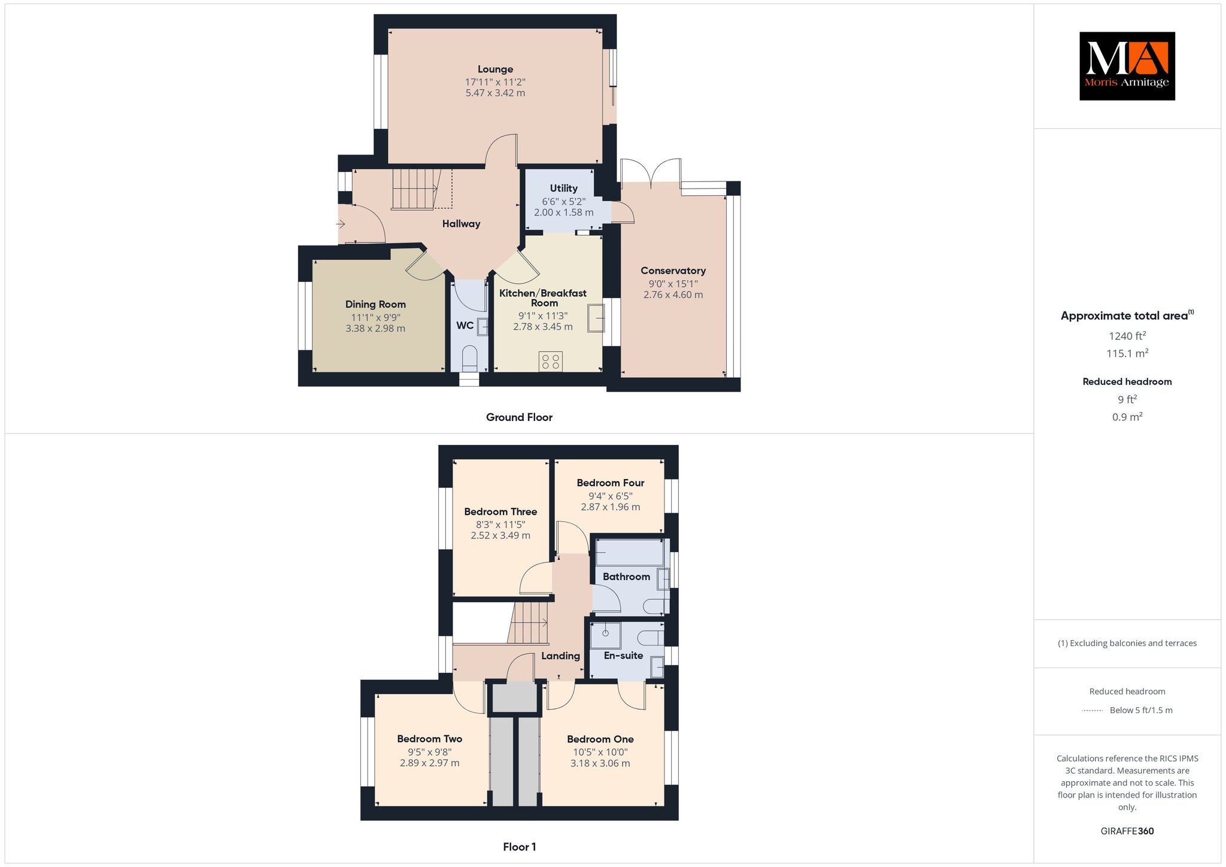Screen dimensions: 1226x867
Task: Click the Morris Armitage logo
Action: pos(1127,66)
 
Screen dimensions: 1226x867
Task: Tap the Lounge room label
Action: pos(495,69)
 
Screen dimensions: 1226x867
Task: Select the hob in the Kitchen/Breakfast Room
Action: pos(550,361)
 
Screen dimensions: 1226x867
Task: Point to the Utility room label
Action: pos(564,188)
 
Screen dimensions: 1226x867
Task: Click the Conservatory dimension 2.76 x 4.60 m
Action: pos(673,295)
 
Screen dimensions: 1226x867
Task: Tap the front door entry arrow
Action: pos(341,224)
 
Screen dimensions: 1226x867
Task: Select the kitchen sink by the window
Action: pos(596,317)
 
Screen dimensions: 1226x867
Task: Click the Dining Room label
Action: pos(375,304)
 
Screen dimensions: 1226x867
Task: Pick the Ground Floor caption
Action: pos(519,417)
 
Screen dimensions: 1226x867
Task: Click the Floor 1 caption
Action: pos(520,847)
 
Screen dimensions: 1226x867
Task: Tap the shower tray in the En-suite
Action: pos(605,635)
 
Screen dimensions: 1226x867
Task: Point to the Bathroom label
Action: pos(626,577)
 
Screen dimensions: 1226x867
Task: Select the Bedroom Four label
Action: pos(611,483)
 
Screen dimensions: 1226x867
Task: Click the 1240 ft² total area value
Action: pos(1127,336)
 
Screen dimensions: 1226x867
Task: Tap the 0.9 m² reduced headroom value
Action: pos(1127,417)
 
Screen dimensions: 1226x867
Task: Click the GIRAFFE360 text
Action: pos(1127,831)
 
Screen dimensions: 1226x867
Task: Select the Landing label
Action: pos(560,656)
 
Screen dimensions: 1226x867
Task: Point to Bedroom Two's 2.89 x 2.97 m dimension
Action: pos(430,763)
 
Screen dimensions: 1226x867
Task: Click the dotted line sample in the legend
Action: pos(1093,711)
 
